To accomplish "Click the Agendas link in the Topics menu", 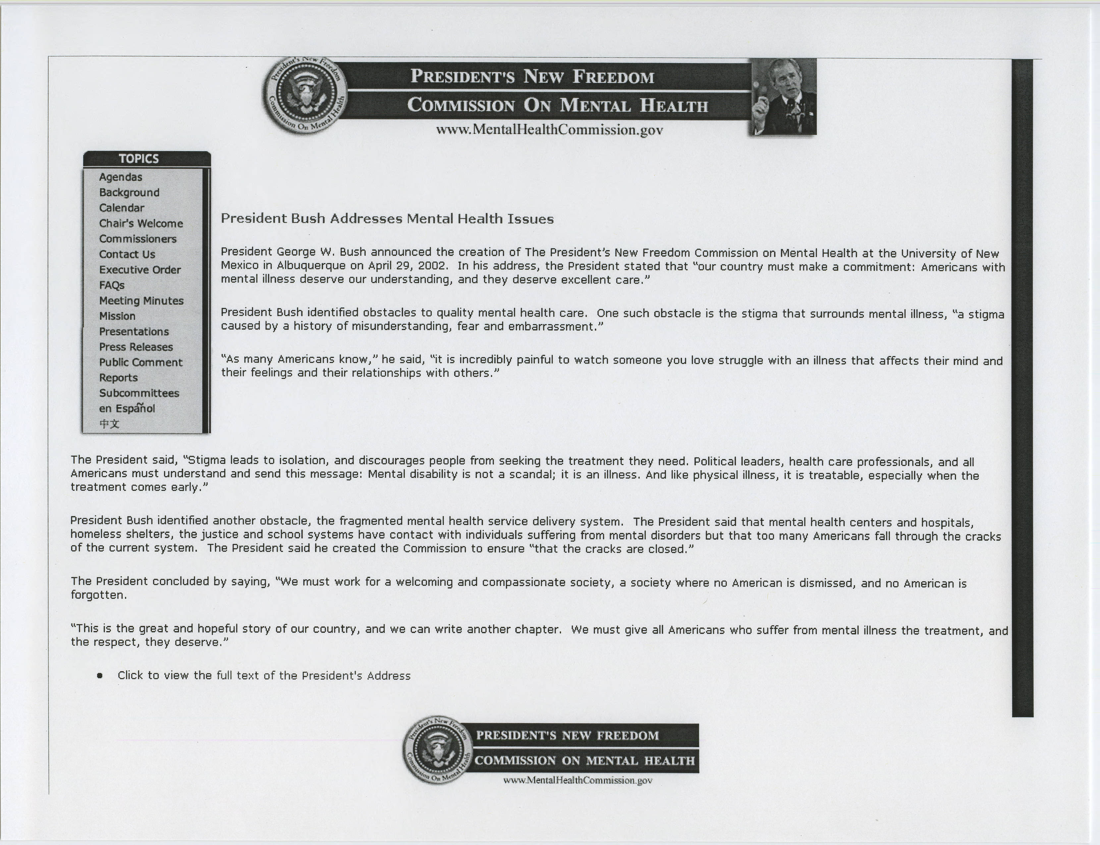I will (x=120, y=177).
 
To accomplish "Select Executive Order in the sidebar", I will (x=139, y=270).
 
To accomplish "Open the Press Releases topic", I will (x=136, y=347).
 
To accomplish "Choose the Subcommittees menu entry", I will (x=139, y=393).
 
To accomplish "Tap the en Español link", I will (x=127, y=408).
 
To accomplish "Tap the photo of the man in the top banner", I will (x=782, y=96).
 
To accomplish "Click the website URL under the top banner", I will (x=549, y=130).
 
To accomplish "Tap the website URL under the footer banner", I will (x=577, y=780).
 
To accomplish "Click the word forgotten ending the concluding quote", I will (x=98, y=595).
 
